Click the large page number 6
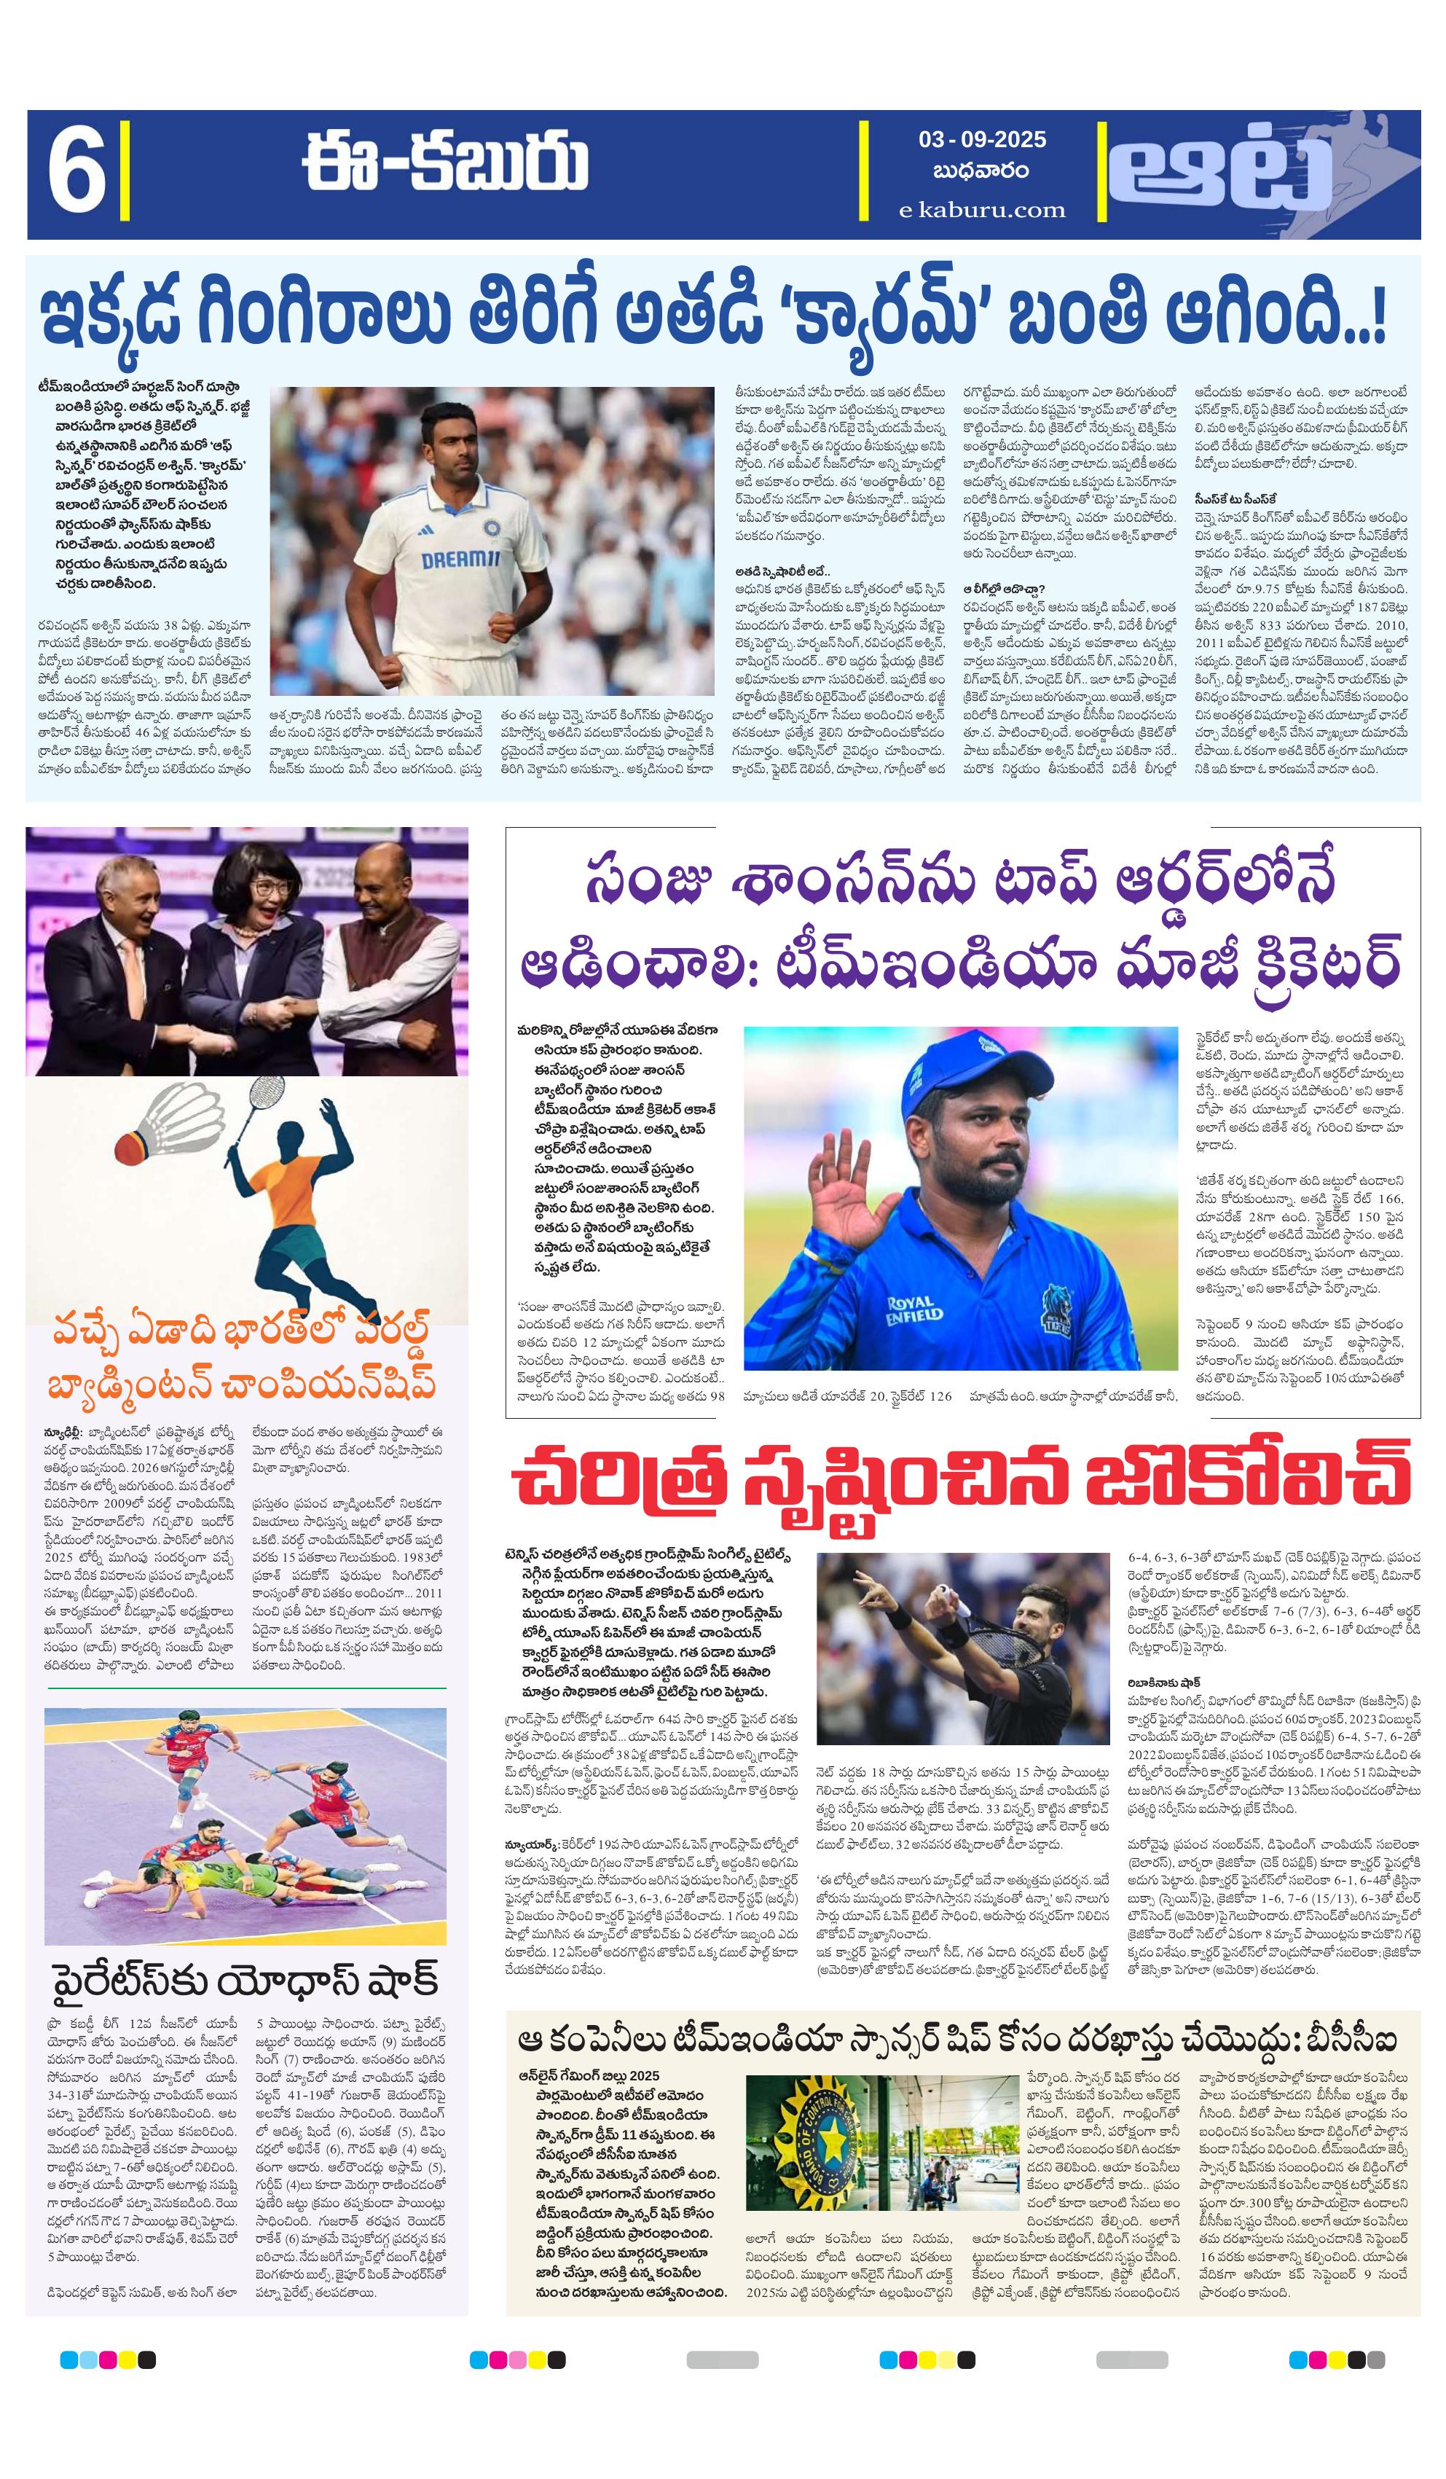click(76, 174)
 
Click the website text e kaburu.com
click(982, 210)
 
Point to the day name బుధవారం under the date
click(982, 171)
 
